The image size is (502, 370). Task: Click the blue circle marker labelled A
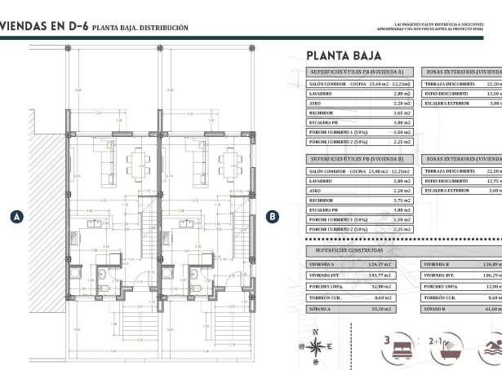(16, 217)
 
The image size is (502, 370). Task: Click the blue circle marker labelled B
(273, 217)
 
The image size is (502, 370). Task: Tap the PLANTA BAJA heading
(340, 56)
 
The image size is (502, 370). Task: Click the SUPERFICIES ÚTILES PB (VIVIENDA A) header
(360, 72)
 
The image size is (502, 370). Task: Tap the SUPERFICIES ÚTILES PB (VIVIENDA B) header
(360, 158)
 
